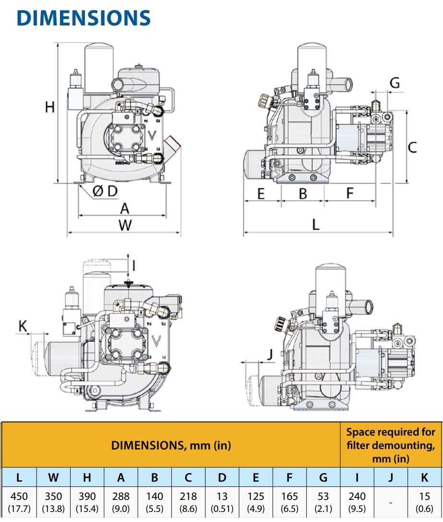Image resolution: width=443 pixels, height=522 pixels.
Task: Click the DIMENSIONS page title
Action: coord(84,18)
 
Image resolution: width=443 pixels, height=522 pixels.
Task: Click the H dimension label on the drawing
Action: coord(50,107)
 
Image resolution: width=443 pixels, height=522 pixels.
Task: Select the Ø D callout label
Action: coord(105,192)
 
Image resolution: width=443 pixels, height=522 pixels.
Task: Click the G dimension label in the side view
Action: coord(394,83)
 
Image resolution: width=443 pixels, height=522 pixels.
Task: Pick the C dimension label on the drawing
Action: coord(412,147)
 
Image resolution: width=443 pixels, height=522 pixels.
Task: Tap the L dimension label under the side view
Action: coord(315,224)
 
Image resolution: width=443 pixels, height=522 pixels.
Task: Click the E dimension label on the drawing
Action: coord(261,194)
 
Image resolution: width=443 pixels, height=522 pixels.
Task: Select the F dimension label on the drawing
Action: coord(349,194)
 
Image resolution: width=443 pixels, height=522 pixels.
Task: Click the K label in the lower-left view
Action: coord(23,326)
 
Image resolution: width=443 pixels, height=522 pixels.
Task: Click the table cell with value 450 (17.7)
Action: coord(19,502)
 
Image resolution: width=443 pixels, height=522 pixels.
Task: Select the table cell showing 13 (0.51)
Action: coord(222,502)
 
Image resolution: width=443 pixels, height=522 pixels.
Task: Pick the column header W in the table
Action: coord(53,477)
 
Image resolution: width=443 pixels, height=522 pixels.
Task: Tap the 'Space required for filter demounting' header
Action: coord(391,445)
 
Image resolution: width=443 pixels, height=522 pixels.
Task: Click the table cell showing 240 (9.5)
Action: coord(357,502)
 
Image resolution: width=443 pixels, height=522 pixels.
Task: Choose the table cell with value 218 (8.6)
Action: coord(188,502)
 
